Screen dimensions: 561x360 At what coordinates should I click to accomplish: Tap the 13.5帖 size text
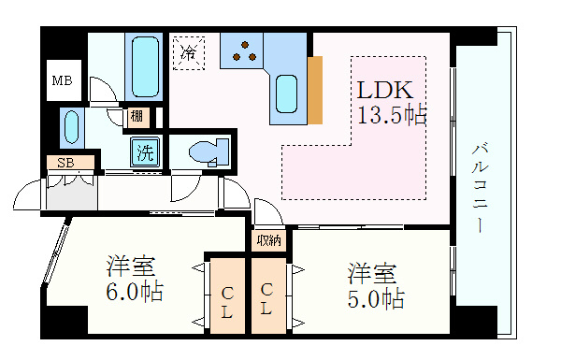[x=391, y=115]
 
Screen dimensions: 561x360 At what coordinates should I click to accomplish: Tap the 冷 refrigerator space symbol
[x=188, y=52]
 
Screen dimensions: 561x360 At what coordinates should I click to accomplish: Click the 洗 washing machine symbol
[x=145, y=152]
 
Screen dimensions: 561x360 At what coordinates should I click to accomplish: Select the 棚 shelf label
[x=137, y=117]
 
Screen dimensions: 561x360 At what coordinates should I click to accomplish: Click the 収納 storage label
[x=269, y=240]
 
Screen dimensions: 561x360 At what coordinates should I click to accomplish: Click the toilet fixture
[x=206, y=151]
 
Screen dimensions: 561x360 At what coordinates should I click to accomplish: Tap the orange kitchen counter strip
[x=315, y=90]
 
